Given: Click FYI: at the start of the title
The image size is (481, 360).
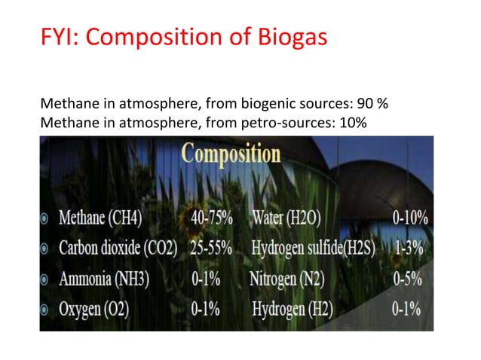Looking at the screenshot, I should [x=60, y=37].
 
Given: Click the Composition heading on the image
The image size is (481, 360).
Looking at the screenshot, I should [x=231, y=155].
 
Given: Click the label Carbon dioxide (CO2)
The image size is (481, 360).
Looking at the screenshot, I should [x=117, y=249].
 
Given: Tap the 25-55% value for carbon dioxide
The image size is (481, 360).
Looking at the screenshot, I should [x=212, y=249].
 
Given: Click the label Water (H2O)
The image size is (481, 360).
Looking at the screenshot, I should [x=286, y=218].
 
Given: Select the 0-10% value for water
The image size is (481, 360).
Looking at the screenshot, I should [x=411, y=218].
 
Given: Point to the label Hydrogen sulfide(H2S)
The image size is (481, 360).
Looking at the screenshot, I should [x=313, y=249].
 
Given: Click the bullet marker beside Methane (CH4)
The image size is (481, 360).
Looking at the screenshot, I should [x=46, y=219].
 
